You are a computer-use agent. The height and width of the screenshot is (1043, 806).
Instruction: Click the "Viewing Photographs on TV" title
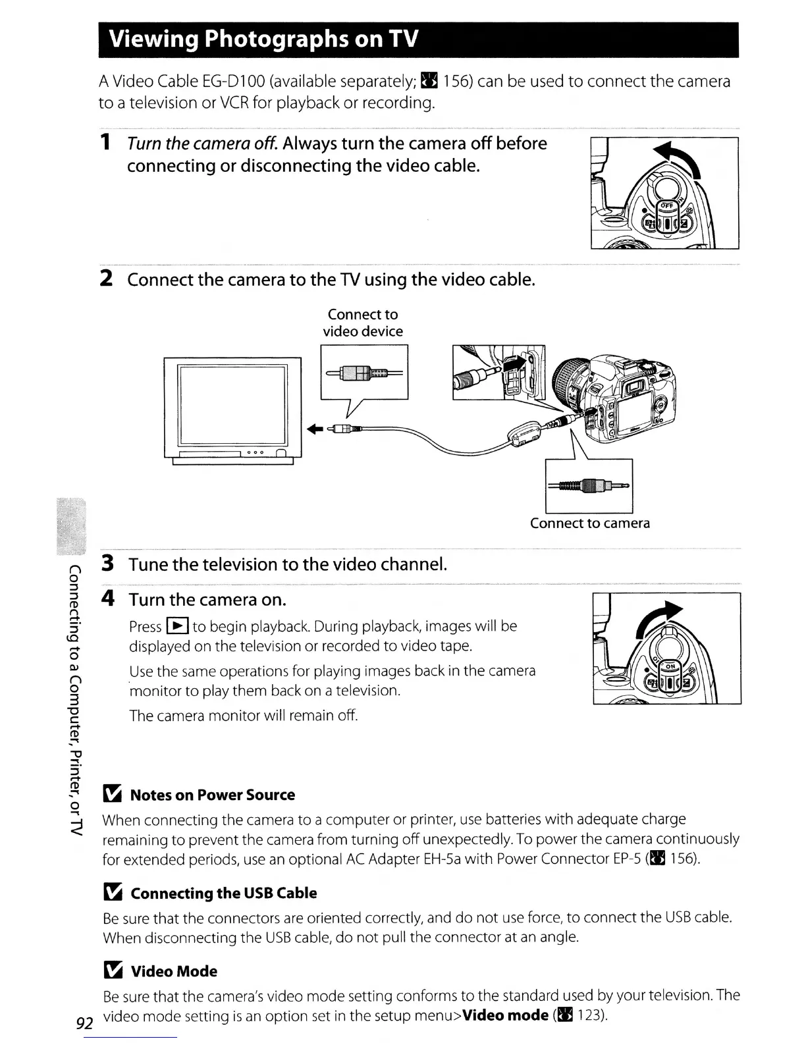(263, 40)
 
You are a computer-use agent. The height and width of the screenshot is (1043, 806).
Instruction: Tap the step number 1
(105, 143)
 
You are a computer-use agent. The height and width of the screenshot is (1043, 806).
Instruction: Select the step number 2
(105, 279)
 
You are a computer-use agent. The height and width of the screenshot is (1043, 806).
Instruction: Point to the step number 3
(108, 564)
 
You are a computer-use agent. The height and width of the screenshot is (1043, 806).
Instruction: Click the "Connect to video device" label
(363, 323)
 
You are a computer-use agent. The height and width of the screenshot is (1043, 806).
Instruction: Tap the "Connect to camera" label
(590, 523)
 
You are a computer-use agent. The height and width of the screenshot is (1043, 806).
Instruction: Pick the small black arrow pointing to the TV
(315, 429)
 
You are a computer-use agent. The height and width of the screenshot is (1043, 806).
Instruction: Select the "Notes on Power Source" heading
(212, 795)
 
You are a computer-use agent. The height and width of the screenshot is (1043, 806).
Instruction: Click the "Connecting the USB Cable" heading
(223, 893)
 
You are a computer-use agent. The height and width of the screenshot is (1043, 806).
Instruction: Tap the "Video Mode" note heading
(174, 971)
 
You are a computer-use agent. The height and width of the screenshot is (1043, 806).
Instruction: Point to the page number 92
(83, 1023)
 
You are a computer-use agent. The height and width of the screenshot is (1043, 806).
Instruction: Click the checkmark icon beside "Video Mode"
(113, 971)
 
